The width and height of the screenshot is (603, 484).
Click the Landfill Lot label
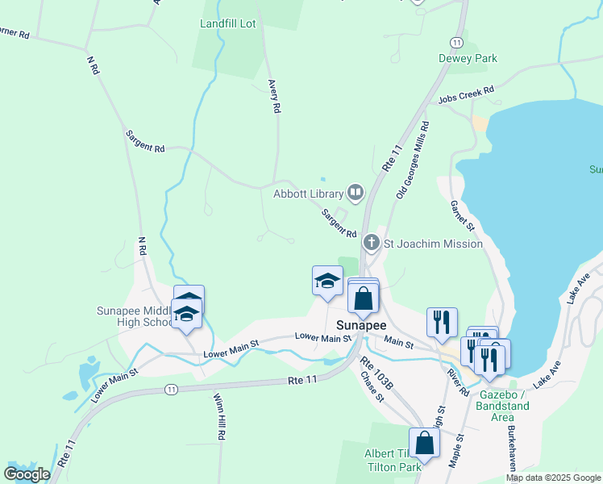(x=227, y=23)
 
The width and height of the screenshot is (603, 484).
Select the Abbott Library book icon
(x=355, y=192)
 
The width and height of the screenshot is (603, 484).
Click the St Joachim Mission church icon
(x=371, y=242)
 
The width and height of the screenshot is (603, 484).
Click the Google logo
(x=27, y=474)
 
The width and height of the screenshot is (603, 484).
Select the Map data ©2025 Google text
(x=552, y=478)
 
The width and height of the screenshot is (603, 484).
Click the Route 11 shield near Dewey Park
(x=456, y=41)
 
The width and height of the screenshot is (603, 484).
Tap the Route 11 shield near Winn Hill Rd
(x=170, y=390)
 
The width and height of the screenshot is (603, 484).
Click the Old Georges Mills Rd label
(x=413, y=161)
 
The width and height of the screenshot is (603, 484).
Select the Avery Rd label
(x=275, y=95)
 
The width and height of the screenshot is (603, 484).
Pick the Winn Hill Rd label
(x=219, y=416)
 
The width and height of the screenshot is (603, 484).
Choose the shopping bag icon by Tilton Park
(x=424, y=442)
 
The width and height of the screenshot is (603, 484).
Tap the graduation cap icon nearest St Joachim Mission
(x=327, y=280)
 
